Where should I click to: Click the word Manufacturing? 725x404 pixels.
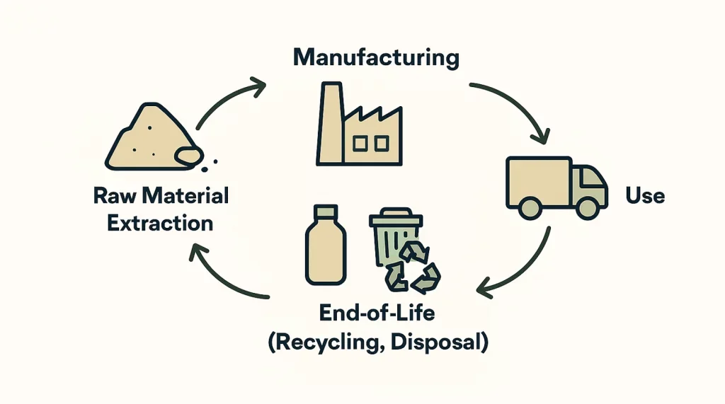[x=376, y=57]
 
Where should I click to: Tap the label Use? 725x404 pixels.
[x=645, y=195]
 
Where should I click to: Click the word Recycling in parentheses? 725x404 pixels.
[x=328, y=342]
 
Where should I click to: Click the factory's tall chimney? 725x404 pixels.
[x=329, y=124]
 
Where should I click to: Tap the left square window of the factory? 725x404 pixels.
[x=360, y=144]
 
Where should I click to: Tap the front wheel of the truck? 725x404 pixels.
[x=587, y=207]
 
